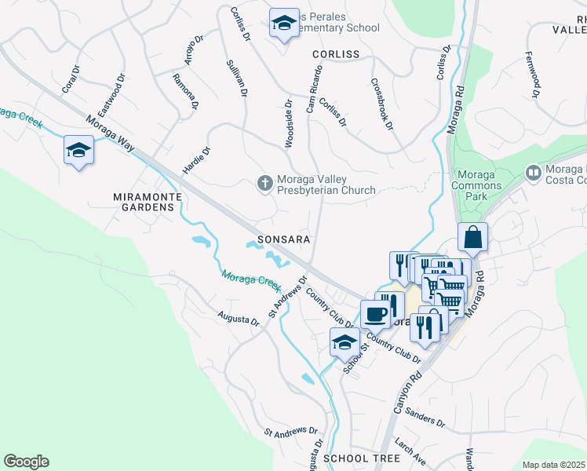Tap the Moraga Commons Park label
pos(477,185)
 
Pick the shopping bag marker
pos(472,236)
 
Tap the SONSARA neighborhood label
pos(284,239)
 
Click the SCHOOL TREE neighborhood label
pos(351,458)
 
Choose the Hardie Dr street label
pos(197,161)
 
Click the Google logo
pos(26,462)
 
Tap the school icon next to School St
pos(344,341)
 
